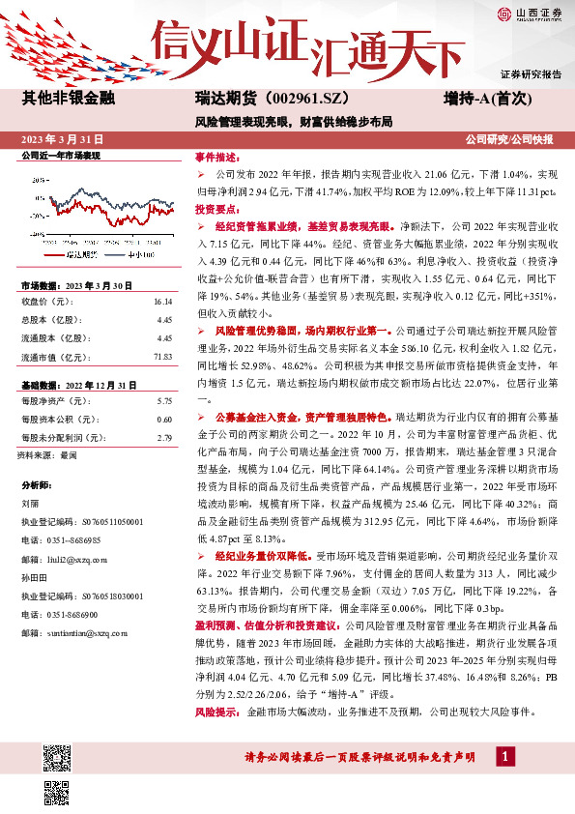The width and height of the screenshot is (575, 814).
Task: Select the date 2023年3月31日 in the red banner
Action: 69,140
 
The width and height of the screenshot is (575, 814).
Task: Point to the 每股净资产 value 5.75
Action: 164,400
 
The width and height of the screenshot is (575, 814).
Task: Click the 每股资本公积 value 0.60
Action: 164,419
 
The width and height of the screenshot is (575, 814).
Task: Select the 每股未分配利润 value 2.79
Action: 164,437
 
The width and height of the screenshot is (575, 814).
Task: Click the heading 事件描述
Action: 216,157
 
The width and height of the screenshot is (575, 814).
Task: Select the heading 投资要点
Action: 216,209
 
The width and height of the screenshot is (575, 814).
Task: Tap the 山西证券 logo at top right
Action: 528,14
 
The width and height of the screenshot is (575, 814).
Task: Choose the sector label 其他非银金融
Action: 68,100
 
